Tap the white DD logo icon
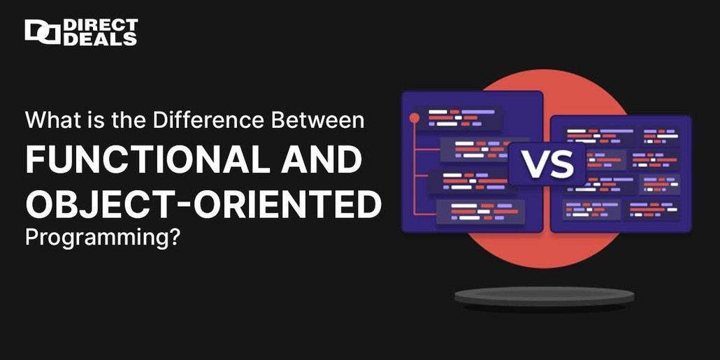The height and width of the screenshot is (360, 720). [x=42, y=32]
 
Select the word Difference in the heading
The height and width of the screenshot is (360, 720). [x=210, y=120]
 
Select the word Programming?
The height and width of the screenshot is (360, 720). [x=102, y=238]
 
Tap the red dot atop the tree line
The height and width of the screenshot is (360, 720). [x=414, y=117]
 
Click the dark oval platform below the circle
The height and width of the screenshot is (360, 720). [x=545, y=297]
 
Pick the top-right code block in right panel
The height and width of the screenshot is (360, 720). [x=660, y=136]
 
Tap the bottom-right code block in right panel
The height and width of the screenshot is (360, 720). [x=654, y=208]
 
